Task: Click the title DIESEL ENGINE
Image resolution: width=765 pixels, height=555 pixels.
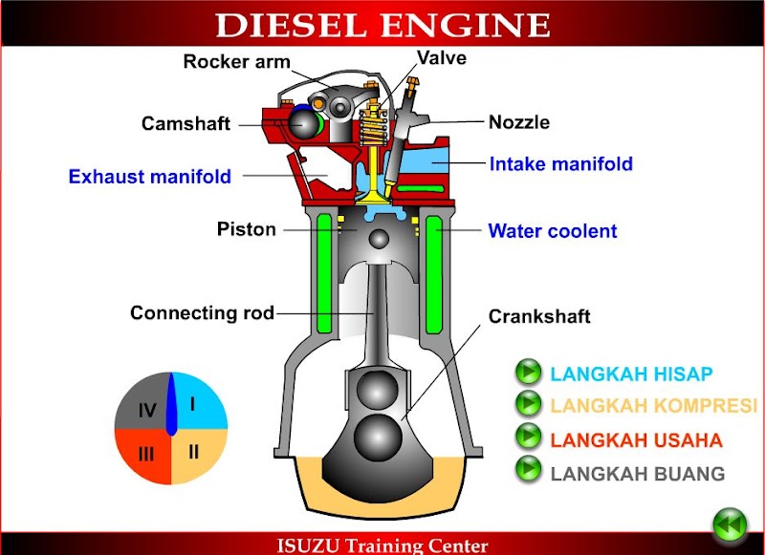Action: tap(382, 24)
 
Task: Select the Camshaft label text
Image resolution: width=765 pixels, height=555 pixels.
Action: tap(186, 123)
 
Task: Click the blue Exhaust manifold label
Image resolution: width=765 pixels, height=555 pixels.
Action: tap(149, 177)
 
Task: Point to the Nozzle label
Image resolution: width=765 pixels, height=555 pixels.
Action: tap(519, 122)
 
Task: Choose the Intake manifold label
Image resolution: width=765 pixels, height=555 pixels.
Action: tap(560, 164)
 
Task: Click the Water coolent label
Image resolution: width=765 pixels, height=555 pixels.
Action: tap(552, 231)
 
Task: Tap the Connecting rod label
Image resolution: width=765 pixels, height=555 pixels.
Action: tap(202, 312)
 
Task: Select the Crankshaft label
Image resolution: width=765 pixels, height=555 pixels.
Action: tap(539, 316)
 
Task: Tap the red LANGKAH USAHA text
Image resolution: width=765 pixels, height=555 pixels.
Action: tap(636, 440)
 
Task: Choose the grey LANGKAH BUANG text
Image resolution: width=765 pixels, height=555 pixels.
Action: tap(638, 474)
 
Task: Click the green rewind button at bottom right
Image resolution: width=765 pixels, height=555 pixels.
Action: tap(730, 524)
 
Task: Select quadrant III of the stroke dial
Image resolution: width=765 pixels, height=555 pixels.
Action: tap(144, 454)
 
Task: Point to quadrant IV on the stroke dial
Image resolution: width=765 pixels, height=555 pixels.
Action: tap(146, 410)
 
